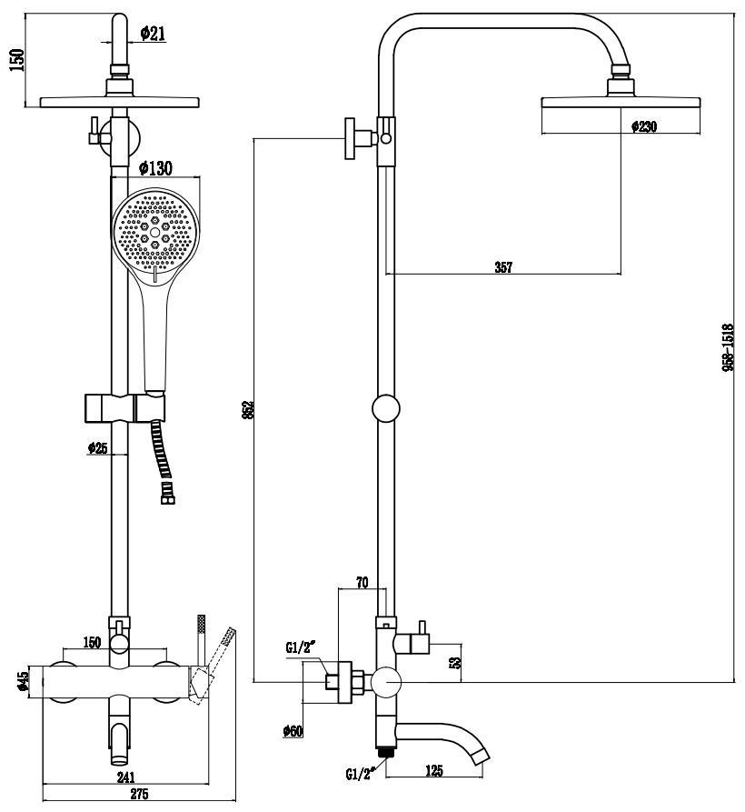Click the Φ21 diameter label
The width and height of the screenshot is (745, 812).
[152, 34]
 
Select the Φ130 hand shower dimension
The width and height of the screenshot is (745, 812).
[156, 168]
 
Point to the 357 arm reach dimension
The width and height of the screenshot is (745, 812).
[503, 267]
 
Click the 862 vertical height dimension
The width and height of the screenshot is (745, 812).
[248, 409]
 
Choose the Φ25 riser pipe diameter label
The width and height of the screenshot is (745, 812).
[98, 447]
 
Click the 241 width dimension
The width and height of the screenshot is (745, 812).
[125, 777]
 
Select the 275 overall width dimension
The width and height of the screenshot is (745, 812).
[138, 796]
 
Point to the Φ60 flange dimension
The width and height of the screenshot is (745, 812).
[293, 730]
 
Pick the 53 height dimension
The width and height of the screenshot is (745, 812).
[455, 658]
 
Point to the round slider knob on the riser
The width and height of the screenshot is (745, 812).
[386, 409]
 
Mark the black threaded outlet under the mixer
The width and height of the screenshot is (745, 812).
[387, 753]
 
